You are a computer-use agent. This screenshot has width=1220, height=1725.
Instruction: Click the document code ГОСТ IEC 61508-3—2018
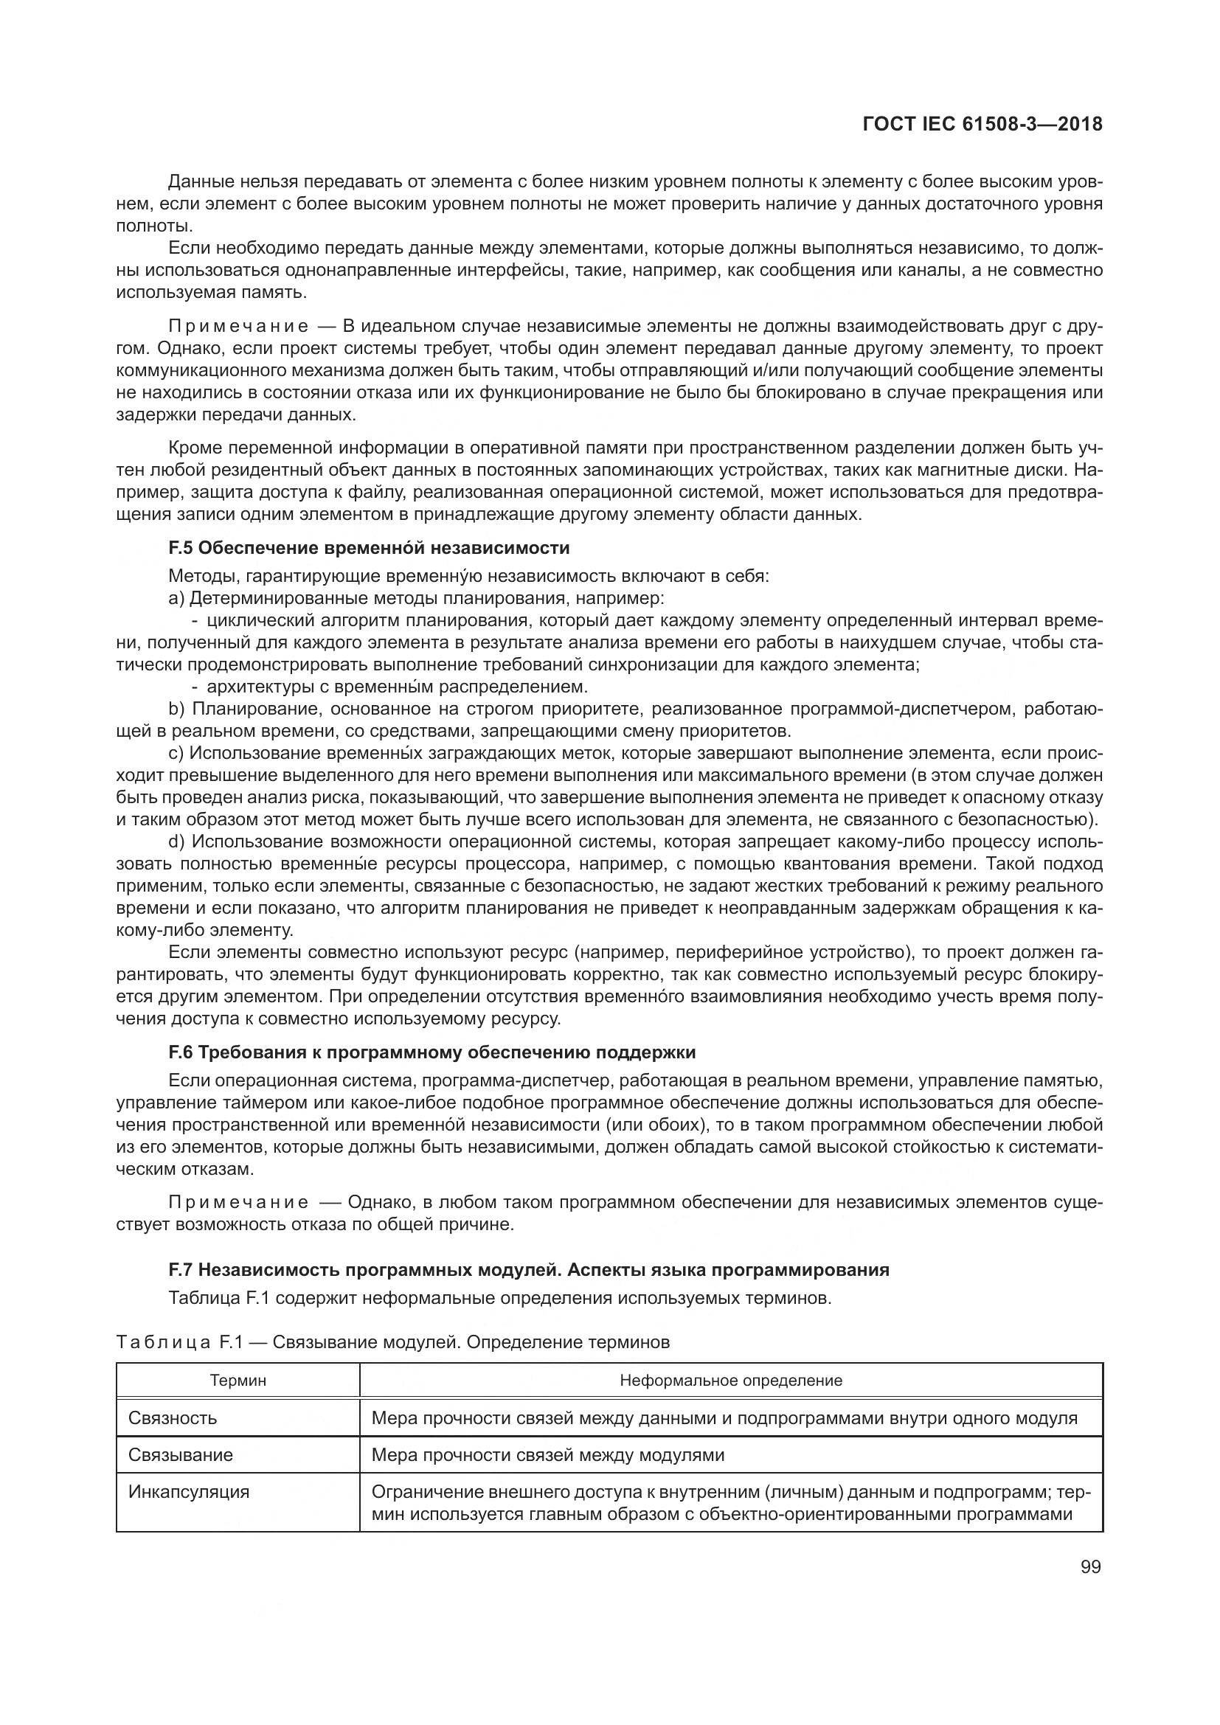point(982,124)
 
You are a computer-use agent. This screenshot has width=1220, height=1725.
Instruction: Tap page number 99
point(1090,1567)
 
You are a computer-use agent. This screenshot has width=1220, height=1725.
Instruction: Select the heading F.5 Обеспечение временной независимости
point(369,548)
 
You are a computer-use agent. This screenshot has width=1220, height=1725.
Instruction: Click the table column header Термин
point(238,1380)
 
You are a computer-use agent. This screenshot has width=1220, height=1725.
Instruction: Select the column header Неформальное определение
point(730,1380)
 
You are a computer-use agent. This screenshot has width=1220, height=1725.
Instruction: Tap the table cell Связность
point(173,1417)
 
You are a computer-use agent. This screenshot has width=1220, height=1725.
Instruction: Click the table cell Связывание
point(180,1454)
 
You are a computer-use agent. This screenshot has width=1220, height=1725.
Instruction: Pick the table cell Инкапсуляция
point(189,1491)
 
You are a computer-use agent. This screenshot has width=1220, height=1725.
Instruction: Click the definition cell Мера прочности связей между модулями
point(547,1454)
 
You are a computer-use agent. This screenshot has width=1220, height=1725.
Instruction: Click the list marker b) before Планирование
point(176,709)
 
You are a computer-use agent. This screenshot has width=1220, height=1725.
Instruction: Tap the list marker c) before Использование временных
point(176,753)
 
